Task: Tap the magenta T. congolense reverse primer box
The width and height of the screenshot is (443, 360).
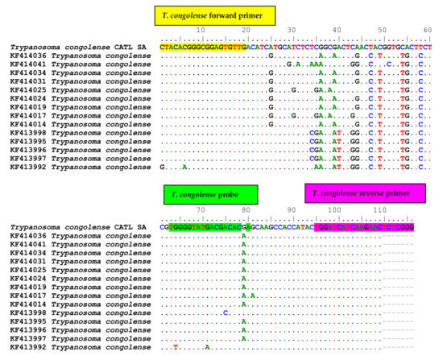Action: pos(364,193)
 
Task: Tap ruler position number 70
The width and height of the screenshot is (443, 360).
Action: pos(200,211)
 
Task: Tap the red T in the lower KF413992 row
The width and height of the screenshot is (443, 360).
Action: pos(175,347)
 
